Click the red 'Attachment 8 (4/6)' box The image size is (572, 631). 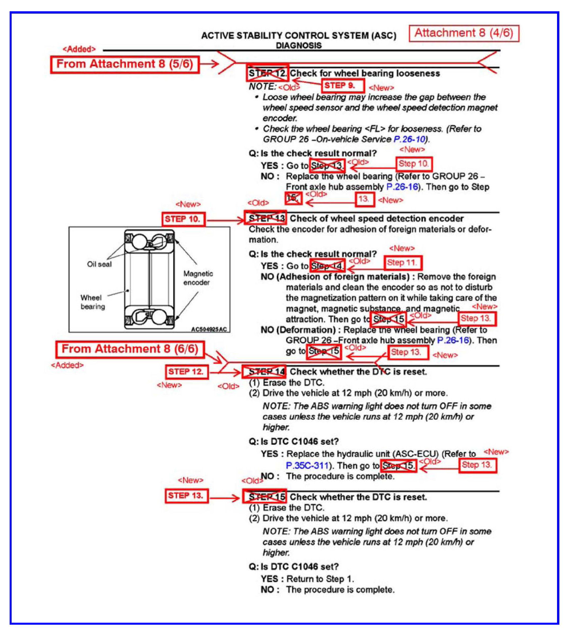(x=464, y=33)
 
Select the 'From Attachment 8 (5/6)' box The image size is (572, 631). (x=125, y=64)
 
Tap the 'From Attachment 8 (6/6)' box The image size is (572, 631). (x=130, y=349)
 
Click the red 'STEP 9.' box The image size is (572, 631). (x=343, y=86)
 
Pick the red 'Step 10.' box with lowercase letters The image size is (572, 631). (x=414, y=164)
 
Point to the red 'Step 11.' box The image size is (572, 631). (x=402, y=263)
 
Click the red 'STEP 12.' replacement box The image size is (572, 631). (x=186, y=372)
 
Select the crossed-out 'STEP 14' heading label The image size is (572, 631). (x=265, y=372)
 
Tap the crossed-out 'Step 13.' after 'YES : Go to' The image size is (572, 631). (x=327, y=165)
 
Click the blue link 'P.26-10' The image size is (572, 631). (x=409, y=139)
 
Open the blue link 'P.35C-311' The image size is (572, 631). (x=307, y=466)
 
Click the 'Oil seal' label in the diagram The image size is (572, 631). (x=99, y=264)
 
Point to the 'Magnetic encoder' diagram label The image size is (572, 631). (x=198, y=278)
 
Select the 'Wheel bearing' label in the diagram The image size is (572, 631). (x=92, y=302)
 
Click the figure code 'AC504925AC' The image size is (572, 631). (x=209, y=329)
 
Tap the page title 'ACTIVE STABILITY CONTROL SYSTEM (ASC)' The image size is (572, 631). (x=298, y=36)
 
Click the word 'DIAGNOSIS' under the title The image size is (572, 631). (x=298, y=45)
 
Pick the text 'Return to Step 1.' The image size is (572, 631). (x=320, y=579)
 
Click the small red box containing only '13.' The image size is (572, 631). (x=365, y=199)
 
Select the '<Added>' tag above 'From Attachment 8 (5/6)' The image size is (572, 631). (x=79, y=49)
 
